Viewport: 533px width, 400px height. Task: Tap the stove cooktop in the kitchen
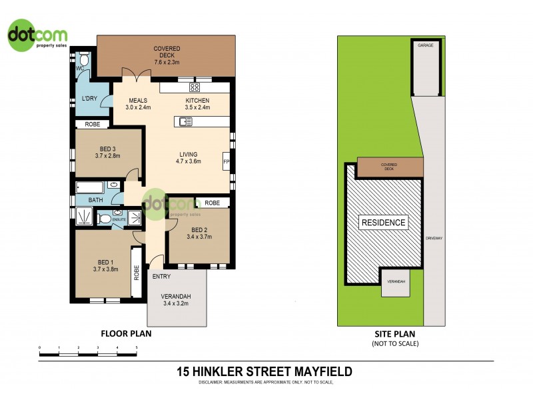coord(195,87)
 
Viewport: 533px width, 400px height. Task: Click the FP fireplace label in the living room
coord(226,162)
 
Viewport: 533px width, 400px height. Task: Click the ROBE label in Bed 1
coord(137,273)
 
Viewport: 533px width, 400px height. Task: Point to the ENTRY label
coord(161,277)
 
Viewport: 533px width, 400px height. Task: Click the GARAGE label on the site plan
coord(425,45)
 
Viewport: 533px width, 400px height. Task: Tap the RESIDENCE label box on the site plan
coord(383,223)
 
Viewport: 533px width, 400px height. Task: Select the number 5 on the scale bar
coord(137,348)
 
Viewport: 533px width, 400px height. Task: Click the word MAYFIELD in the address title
coord(318,371)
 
